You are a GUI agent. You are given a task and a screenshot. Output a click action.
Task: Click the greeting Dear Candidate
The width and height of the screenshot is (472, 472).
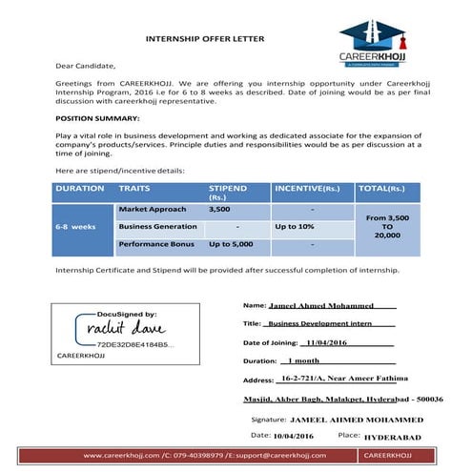pos(85,66)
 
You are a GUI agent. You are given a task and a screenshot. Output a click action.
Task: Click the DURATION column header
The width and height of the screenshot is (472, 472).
pos(80,189)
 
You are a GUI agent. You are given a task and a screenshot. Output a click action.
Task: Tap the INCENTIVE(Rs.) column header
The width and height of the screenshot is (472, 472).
pos(307,189)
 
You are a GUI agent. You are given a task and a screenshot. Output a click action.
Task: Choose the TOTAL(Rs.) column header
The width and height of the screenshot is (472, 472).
pos(387,189)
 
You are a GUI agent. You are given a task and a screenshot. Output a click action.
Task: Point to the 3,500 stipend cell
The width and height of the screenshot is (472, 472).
pos(219,208)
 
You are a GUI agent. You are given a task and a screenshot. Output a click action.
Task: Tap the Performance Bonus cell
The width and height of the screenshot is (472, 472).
pos(155,245)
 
